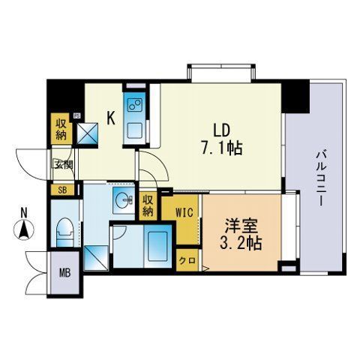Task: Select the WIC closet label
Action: pyautogui.click(x=185, y=212)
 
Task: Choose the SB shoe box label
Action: pyautogui.click(x=62, y=190)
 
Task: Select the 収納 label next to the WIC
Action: pyautogui.click(x=148, y=205)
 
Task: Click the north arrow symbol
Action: pyautogui.click(x=23, y=229)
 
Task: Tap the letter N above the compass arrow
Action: pyautogui.click(x=23, y=211)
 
